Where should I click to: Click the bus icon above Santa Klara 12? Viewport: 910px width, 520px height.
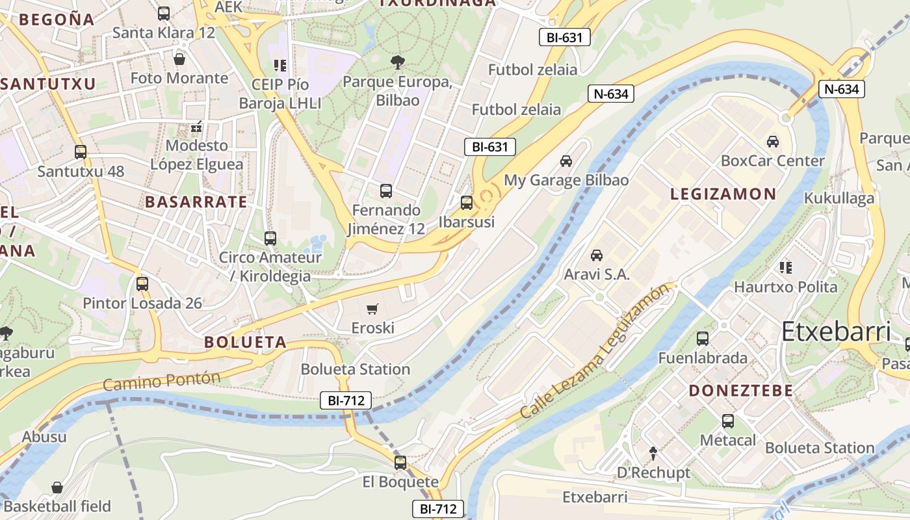coord(164,13)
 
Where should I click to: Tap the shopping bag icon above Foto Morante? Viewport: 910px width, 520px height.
coord(179,59)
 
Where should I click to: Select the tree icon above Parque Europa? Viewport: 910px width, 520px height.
coord(397,62)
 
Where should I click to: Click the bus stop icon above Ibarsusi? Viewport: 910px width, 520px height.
coord(467,202)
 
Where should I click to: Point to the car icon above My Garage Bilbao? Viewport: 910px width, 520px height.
coord(566,161)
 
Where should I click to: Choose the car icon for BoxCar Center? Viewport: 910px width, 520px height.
coord(773,141)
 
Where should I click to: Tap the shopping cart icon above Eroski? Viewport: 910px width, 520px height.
coord(372,309)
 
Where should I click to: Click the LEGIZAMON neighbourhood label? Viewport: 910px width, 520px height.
coord(723,194)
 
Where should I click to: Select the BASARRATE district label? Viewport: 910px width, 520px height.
coord(196,201)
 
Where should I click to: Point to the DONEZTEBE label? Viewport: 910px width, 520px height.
coord(741,391)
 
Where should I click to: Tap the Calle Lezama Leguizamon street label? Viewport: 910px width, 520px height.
coord(594,352)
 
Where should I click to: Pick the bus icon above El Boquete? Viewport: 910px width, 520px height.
coord(400,463)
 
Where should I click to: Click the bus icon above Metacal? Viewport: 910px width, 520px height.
coord(728,421)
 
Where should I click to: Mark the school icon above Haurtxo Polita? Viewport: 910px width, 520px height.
coord(786,267)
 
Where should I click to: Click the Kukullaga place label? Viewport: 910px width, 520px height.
coord(839,198)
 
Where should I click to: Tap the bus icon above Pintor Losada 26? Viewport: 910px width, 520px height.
coord(142,284)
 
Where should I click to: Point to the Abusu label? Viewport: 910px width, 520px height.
coord(44,436)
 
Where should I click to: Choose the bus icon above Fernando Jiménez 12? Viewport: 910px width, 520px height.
coord(386,191)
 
